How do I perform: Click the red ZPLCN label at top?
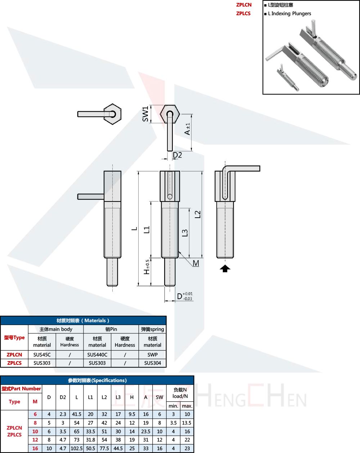coord(244,5)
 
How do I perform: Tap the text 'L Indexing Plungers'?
coord(289,14)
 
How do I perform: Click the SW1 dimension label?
coord(145,114)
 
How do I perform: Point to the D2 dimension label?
coord(177,155)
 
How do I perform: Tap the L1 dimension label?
coord(147,230)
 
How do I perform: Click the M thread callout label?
coord(195,263)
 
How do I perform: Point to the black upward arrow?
coord(225,268)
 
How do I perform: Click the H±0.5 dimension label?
coord(147,267)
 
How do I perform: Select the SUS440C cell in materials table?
coord(97,355)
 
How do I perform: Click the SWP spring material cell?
coord(152,355)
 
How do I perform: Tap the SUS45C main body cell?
coord(42,355)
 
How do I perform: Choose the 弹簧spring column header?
coord(152,329)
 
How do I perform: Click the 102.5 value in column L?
coord(76,448)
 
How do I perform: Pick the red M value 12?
coord(35,440)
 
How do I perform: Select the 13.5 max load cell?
coord(187,423)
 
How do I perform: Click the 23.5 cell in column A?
coord(145,431)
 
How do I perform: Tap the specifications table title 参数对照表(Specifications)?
coord(97,380)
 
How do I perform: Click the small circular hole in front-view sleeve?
coord(170,196)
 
